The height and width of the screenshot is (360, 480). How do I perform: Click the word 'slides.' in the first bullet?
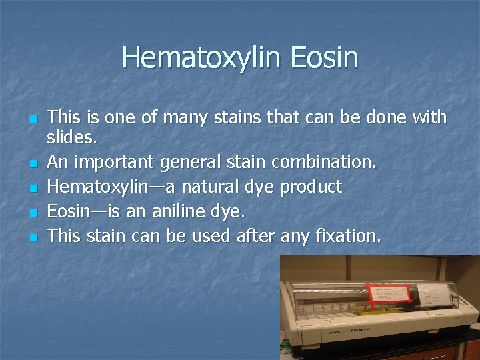(x=73, y=139)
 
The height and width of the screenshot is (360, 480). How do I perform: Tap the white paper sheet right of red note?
(x=433, y=294)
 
